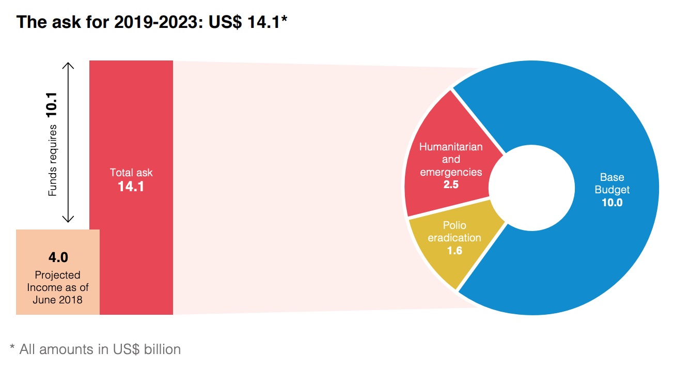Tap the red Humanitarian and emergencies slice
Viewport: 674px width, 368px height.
(x=439, y=129)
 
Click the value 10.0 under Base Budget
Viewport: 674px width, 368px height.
(x=612, y=203)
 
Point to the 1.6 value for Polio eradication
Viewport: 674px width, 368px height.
(x=454, y=251)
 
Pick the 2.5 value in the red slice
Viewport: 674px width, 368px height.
(x=451, y=184)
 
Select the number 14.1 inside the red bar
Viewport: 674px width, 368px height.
(x=131, y=187)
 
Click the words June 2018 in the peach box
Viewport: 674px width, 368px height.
(x=58, y=299)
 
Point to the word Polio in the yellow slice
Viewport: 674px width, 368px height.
(x=454, y=226)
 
